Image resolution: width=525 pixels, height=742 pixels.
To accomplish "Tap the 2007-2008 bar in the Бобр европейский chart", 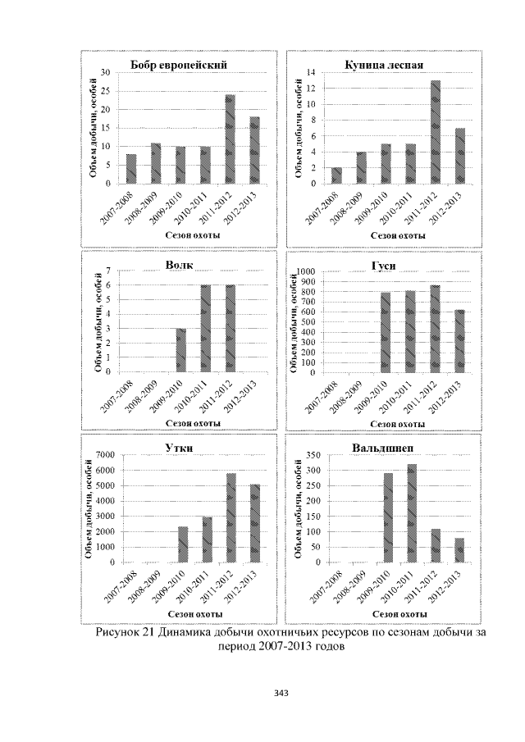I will pyautogui.click(x=131, y=169).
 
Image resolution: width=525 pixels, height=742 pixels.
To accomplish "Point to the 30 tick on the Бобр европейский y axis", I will pyautogui.click(x=103, y=73).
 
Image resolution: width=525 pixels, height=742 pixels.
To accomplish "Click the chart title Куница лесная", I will pyautogui.click(x=384, y=64).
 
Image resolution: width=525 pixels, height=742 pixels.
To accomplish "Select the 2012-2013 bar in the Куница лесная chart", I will pyautogui.click(x=460, y=156).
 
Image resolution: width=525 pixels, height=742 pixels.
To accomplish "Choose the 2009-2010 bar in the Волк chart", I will pyautogui.click(x=181, y=350).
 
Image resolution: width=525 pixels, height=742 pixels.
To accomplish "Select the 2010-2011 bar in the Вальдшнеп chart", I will pyautogui.click(x=410, y=513).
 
